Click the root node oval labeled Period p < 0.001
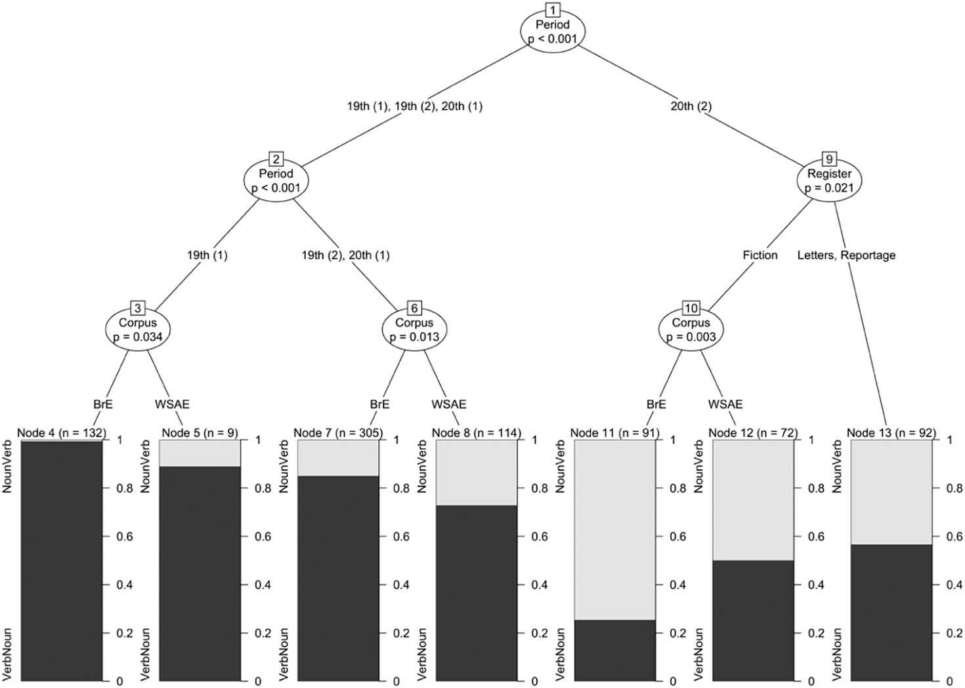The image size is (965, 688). click(x=553, y=32)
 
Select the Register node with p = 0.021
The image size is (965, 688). click(x=829, y=181)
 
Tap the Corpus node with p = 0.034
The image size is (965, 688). click(x=138, y=330)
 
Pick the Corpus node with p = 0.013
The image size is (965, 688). click(x=414, y=330)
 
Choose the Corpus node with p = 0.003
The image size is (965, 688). click(x=691, y=330)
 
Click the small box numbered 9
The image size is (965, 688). click(x=829, y=159)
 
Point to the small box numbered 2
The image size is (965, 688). click(x=276, y=159)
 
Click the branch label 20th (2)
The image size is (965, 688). click(x=691, y=106)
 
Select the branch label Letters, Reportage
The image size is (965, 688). click(x=846, y=255)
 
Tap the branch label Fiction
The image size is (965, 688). click(x=760, y=255)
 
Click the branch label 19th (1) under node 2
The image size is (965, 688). click(x=207, y=255)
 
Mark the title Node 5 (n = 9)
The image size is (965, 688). click(x=200, y=433)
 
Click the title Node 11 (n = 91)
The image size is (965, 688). click(x=614, y=433)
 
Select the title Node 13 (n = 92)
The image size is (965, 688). click(x=891, y=433)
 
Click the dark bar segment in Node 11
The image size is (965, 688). click(x=614, y=650)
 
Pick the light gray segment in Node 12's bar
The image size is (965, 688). click(x=753, y=499)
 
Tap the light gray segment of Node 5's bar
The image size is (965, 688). click(x=200, y=453)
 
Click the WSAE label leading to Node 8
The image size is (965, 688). click(x=449, y=404)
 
